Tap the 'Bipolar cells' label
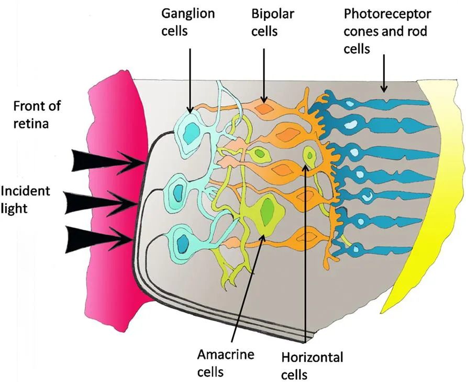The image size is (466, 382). click(x=264, y=21)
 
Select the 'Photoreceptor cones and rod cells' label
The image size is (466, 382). click(x=385, y=31)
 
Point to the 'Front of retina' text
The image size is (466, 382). click(x=37, y=115)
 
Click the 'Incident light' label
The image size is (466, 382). click(x=26, y=200)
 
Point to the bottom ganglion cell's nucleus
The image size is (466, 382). click(x=183, y=243)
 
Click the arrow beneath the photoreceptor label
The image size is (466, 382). click(x=385, y=73)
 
